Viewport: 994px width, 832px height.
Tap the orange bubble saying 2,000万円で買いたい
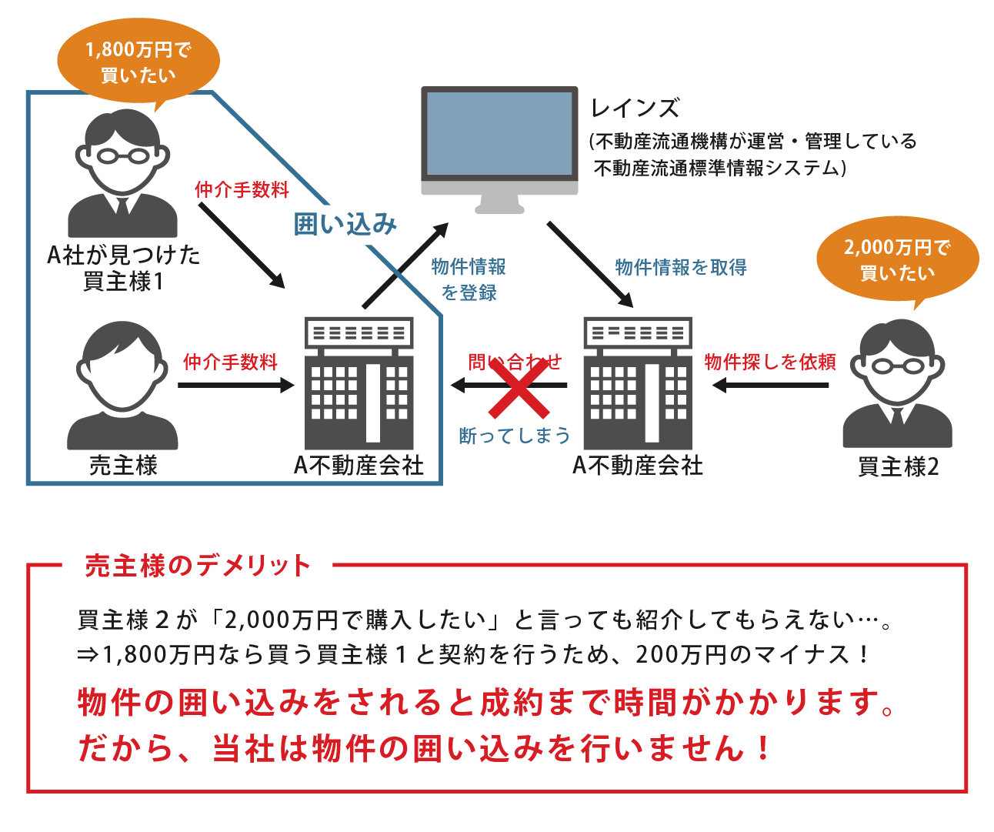(x=897, y=259)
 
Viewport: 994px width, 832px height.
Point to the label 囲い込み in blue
(x=345, y=224)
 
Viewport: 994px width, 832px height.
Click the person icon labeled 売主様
(x=122, y=386)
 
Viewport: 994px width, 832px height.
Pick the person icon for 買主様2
(x=897, y=384)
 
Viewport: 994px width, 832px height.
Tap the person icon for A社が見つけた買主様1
(x=122, y=174)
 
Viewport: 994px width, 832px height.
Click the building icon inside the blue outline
(x=359, y=383)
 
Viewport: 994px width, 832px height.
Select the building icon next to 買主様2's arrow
(x=638, y=383)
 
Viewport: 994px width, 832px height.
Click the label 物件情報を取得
(x=681, y=267)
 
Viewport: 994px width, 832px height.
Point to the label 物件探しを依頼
(x=770, y=362)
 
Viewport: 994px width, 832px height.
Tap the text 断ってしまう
(x=515, y=436)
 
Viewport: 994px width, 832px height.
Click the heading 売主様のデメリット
(x=198, y=566)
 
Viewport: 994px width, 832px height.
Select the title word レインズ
(x=635, y=109)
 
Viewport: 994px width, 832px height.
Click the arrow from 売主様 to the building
(x=235, y=385)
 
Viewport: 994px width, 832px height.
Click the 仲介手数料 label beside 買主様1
(x=242, y=189)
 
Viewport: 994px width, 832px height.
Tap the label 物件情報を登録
(x=469, y=279)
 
